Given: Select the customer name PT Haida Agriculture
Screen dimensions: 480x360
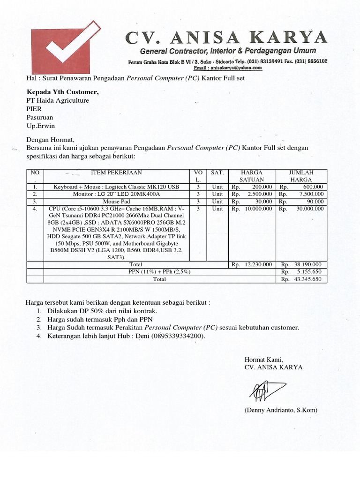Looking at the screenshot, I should (x=58, y=100).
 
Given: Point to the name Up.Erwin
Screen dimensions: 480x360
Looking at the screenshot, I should (x=40, y=126).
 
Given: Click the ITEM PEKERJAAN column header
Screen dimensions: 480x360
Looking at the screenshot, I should (x=116, y=172).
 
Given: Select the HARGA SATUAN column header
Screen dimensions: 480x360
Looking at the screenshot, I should (x=252, y=176).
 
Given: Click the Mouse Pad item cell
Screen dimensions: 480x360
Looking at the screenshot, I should (x=116, y=201).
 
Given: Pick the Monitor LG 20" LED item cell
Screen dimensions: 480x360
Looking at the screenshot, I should (x=116, y=194).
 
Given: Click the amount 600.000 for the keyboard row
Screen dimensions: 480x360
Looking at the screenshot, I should (x=313, y=187).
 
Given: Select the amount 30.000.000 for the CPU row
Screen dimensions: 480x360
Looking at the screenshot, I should (x=309, y=209).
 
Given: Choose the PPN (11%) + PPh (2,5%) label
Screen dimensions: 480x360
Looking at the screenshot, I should (x=159, y=272).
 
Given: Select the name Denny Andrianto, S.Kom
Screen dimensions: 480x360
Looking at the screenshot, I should (x=280, y=410).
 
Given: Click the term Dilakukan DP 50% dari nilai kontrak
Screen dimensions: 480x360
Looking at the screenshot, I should (x=102, y=311).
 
